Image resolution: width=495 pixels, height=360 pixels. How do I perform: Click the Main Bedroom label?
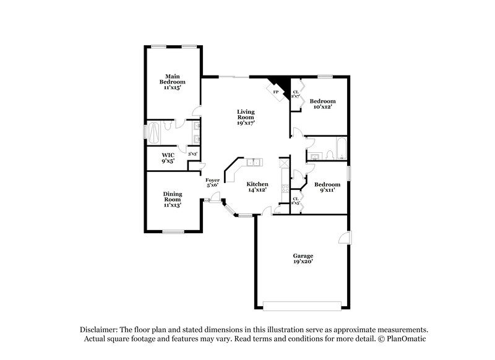click(172, 82)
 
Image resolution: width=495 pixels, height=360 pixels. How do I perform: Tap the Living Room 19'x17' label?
click(246, 118)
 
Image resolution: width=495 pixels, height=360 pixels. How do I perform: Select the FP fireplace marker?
click(276, 93)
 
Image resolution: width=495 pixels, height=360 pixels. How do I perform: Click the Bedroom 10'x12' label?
click(323, 104)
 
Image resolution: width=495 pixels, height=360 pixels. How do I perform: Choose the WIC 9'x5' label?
click(168, 158)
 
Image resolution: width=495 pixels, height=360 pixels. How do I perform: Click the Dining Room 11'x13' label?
click(172, 199)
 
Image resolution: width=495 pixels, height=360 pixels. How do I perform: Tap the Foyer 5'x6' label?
click(212, 182)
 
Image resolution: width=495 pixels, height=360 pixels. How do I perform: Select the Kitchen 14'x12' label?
click(257, 187)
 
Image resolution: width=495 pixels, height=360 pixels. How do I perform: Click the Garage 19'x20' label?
click(303, 259)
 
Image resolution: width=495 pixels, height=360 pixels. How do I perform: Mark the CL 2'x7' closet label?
click(295, 94)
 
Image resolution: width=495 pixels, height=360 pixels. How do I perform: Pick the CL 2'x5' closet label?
click(295, 200)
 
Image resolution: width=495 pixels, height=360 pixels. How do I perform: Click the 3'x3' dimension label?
click(192, 154)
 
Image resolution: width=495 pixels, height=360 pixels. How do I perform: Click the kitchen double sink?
click(254, 163)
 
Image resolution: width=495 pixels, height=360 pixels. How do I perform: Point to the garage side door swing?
click(345, 239)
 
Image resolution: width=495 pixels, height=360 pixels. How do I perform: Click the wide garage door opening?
click(302, 304)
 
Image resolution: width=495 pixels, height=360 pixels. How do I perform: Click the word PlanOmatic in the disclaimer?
click(407, 339)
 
